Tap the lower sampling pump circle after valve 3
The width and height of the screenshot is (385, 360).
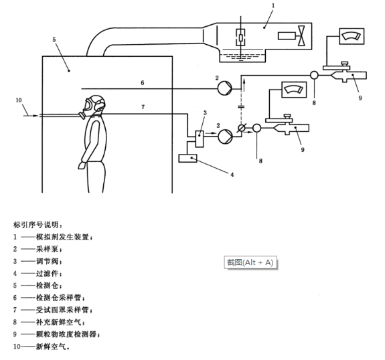tap(225, 134)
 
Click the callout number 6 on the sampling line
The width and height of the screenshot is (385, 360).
tap(142, 83)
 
